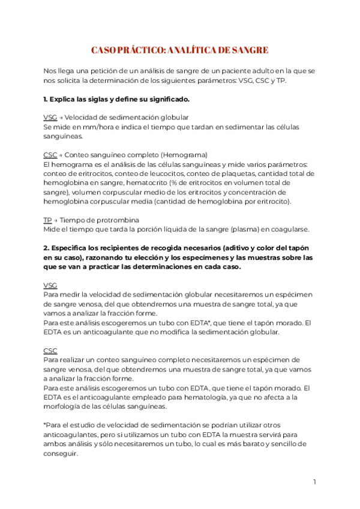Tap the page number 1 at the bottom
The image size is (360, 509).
pyautogui.click(x=314, y=482)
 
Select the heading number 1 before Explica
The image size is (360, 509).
pyautogui.click(x=46, y=98)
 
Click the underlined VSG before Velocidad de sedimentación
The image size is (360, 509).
pyautogui.click(x=50, y=117)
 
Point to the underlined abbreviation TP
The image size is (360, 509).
pyautogui.click(x=47, y=220)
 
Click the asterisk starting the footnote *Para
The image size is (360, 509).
pyautogui.click(x=45, y=425)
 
